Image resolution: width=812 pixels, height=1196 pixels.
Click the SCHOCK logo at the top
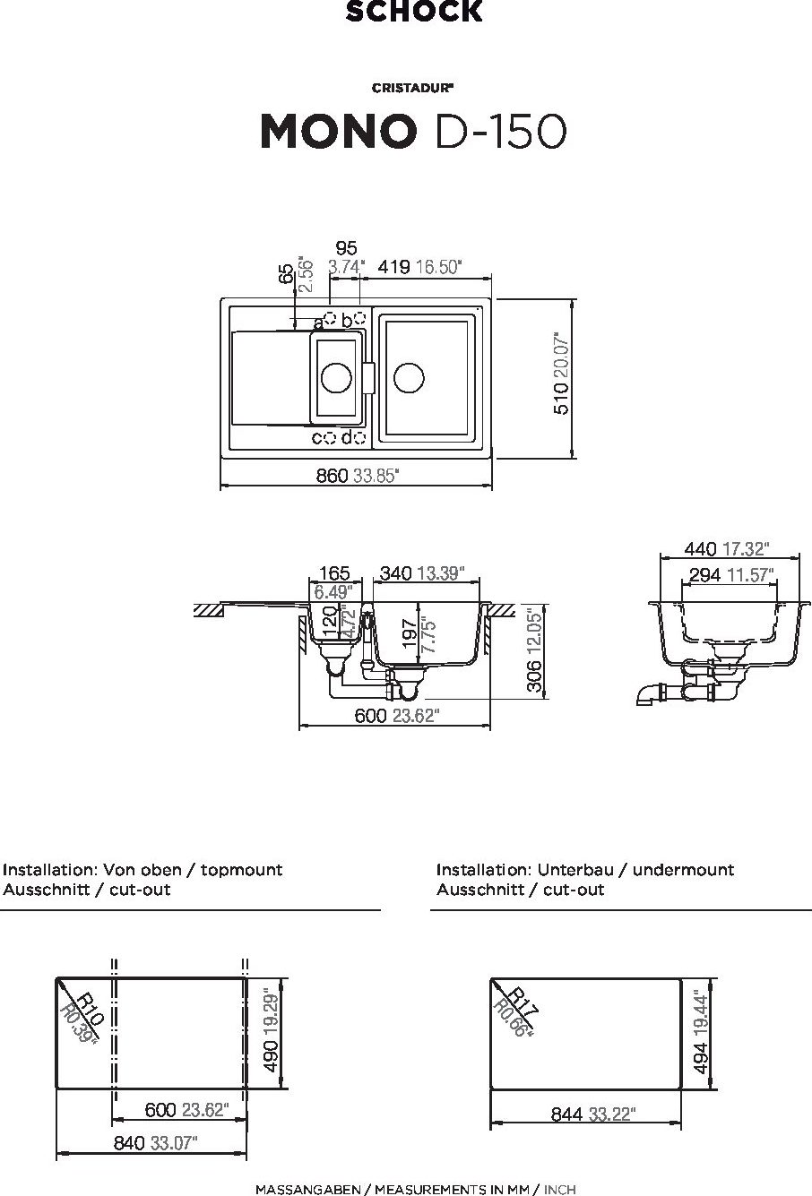414,12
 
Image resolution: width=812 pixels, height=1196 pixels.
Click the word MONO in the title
338,132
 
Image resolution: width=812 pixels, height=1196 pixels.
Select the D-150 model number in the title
501,132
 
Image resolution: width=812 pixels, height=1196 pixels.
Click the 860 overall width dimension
332,475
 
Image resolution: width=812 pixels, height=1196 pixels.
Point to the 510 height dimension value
561,399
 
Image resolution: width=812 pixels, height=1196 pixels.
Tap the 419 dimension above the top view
393,267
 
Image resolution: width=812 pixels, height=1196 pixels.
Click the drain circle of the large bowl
409,377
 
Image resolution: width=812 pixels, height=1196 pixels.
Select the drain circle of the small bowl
337,377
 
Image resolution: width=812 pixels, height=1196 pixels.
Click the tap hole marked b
359,318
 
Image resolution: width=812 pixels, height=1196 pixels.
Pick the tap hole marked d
359,437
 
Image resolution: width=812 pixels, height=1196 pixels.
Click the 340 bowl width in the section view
396,573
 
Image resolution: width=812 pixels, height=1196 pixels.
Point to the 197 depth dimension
410,633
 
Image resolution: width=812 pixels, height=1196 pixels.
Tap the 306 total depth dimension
534,675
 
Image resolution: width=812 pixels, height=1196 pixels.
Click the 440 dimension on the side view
700,548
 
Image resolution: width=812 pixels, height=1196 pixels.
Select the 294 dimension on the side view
704,575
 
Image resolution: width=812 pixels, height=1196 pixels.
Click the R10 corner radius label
90,1009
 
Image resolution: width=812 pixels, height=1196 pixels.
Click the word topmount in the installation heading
241,870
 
